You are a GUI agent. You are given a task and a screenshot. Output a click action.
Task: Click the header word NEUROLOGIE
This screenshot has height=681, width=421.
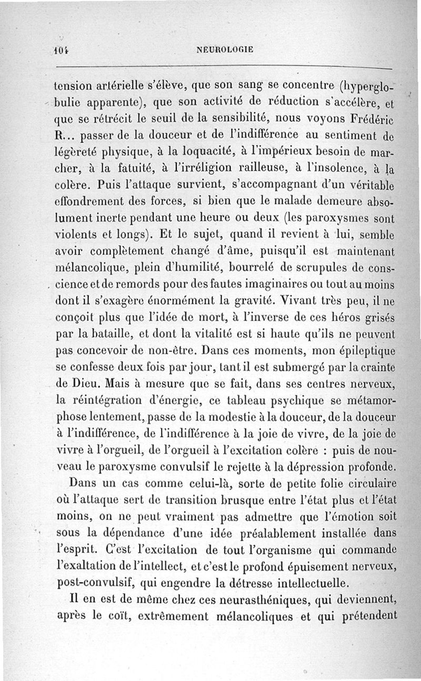tap(225, 50)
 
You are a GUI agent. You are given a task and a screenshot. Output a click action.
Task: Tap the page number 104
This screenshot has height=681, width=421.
tap(63, 51)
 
